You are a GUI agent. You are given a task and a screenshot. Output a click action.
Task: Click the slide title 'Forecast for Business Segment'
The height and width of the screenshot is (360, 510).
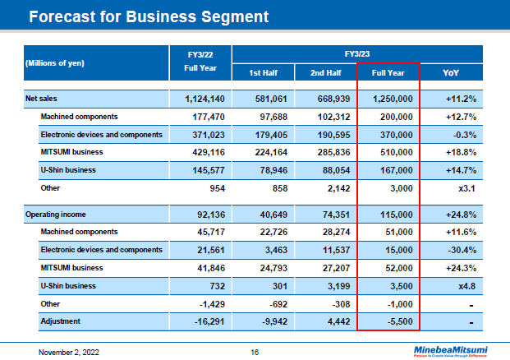pyautogui.click(x=148, y=16)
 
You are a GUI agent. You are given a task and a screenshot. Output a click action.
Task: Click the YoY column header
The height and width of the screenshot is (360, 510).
pyautogui.click(x=451, y=73)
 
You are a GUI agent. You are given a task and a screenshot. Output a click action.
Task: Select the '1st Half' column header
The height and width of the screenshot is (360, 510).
pyautogui.click(x=264, y=73)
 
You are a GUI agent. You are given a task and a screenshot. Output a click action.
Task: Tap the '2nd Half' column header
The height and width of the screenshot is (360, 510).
pyautogui.click(x=326, y=73)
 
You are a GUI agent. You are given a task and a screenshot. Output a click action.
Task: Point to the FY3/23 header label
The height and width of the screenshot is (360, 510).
pyautogui.click(x=358, y=53)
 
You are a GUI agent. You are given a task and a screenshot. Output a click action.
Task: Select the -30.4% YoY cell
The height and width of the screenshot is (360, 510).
pyautogui.click(x=461, y=250)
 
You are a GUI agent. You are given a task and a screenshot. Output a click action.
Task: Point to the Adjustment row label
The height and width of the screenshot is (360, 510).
pyautogui.click(x=59, y=321)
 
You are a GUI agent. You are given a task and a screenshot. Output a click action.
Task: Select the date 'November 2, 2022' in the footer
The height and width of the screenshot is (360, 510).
pyautogui.click(x=69, y=351)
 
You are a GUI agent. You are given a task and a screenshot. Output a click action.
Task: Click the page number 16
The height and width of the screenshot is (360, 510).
pyautogui.click(x=255, y=351)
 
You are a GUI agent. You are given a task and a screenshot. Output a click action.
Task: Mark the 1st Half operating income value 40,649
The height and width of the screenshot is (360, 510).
pyautogui.click(x=269, y=215)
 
